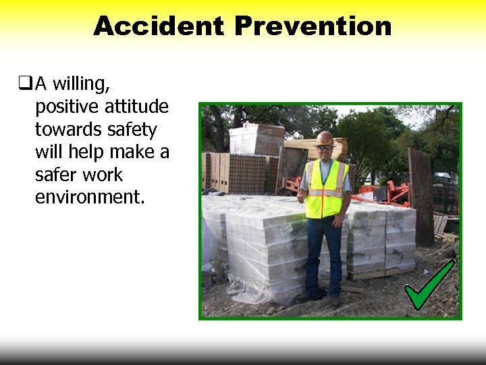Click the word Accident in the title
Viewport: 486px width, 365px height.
159,26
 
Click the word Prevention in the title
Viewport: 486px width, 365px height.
313,26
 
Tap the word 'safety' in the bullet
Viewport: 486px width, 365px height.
134,129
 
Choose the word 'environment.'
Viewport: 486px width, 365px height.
90,198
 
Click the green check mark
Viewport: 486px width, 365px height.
429,286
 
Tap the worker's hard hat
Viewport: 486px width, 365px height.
325,137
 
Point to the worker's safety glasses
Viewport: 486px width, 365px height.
325,147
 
